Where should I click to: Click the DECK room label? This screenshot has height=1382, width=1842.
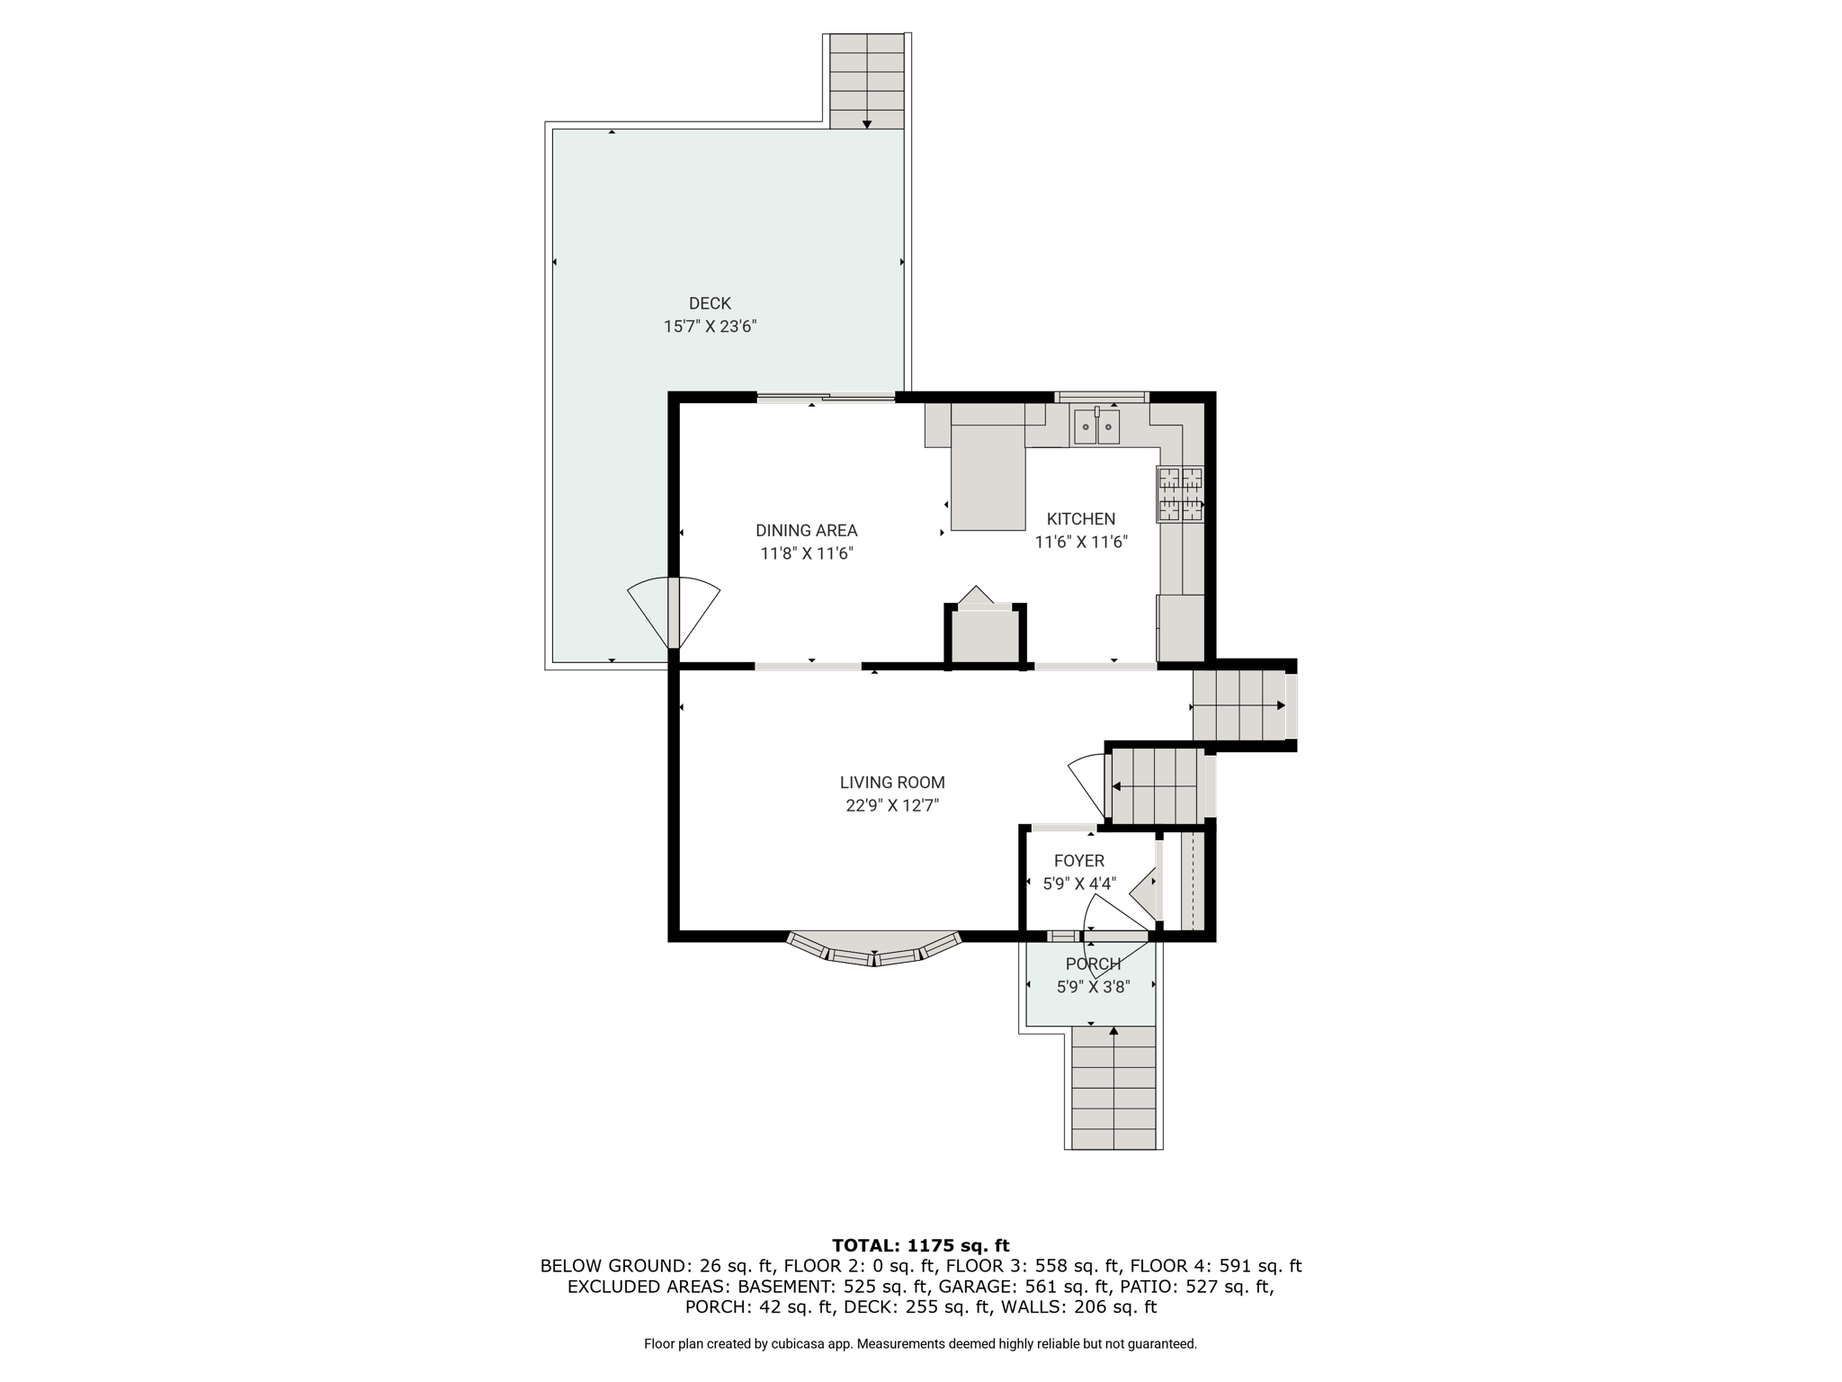[710, 303]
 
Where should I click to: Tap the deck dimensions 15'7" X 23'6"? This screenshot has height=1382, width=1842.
[710, 327]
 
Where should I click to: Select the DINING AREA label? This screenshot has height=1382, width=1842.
[806, 531]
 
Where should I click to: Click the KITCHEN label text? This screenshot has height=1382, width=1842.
[1081, 519]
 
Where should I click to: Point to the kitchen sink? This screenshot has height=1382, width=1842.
[1096, 426]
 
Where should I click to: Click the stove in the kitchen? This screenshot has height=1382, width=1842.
[1180, 494]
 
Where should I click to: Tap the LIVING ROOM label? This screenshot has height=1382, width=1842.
[892, 783]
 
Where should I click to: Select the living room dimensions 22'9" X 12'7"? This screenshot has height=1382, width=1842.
[892, 806]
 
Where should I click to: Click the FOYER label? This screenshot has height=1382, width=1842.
[1079, 861]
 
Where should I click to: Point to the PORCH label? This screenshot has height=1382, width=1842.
[1093, 965]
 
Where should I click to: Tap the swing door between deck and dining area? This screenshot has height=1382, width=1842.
[674, 613]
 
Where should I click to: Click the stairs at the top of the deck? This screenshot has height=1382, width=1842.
[866, 81]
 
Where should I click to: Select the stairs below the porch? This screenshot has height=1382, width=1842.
[1113, 1088]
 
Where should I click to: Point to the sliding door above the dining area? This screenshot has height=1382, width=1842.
[826, 397]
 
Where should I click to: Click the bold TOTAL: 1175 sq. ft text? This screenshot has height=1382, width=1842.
[920, 1246]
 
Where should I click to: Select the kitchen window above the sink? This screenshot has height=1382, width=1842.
[1102, 397]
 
